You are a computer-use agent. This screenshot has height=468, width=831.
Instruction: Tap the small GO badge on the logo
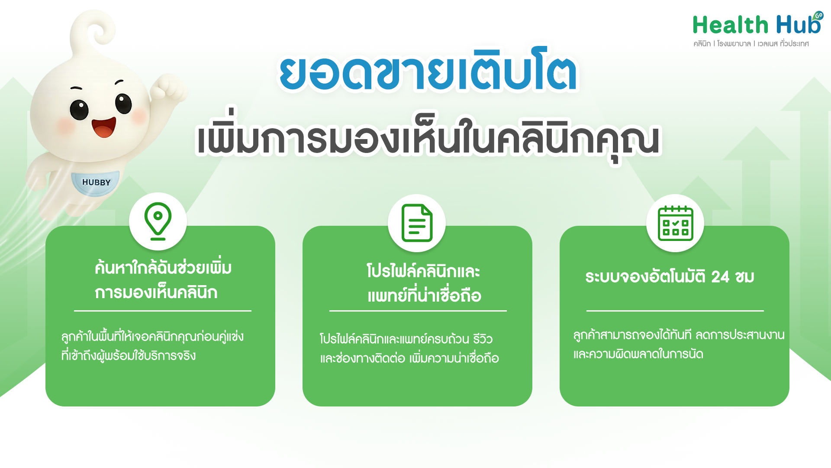pyautogui.click(x=818, y=16)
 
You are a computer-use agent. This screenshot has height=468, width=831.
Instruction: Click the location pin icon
pyautogui.click(x=158, y=221)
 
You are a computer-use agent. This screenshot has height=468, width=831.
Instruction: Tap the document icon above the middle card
pyautogui.click(x=417, y=223)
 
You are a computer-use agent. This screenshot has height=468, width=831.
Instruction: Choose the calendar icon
pyautogui.click(x=675, y=223)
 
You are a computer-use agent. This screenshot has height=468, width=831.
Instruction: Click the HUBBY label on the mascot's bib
pyautogui.click(x=96, y=182)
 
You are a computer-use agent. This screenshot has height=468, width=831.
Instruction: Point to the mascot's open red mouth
pyautogui.click(x=104, y=127)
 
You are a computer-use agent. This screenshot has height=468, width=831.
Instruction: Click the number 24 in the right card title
pyautogui.click(x=720, y=276)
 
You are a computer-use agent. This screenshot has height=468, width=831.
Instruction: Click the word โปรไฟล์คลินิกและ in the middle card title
pyautogui.click(x=423, y=272)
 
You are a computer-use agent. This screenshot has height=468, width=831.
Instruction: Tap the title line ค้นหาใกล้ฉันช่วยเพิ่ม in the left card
pyautogui.click(x=163, y=268)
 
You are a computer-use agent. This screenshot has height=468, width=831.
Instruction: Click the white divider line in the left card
pyautogui.click(x=162, y=311)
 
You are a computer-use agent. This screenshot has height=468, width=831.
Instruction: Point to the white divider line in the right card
pyautogui.click(x=675, y=311)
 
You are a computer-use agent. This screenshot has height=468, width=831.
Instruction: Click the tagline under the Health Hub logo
pyautogui.click(x=751, y=44)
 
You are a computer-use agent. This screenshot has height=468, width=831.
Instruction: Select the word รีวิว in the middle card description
pyautogui.click(x=483, y=339)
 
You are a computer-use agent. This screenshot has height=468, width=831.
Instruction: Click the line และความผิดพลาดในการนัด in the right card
pyautogui.click(x=638, y=354)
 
